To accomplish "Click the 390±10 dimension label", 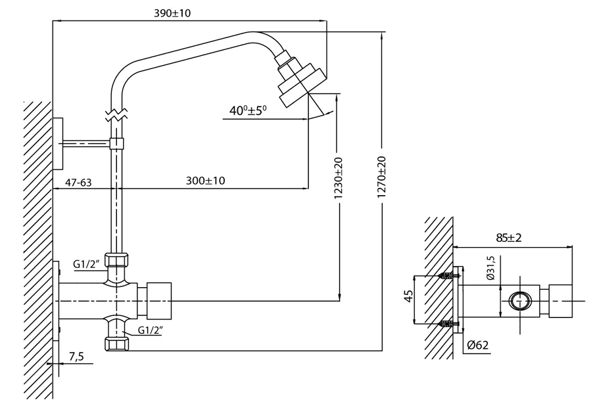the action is (x=173, y=13).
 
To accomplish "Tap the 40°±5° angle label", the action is (x=248, y=110).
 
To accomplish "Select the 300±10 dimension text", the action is (x=205, y=181).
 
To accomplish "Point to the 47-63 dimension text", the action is (x=78, y=183).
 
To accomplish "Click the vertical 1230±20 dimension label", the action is (x=339, y=178).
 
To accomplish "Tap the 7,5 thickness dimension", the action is (x=76, y=356).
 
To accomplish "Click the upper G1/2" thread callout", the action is (x=86, y=264).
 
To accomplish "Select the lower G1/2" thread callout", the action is (x=151, y=330).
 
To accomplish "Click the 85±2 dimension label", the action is (x=509, y=238).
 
